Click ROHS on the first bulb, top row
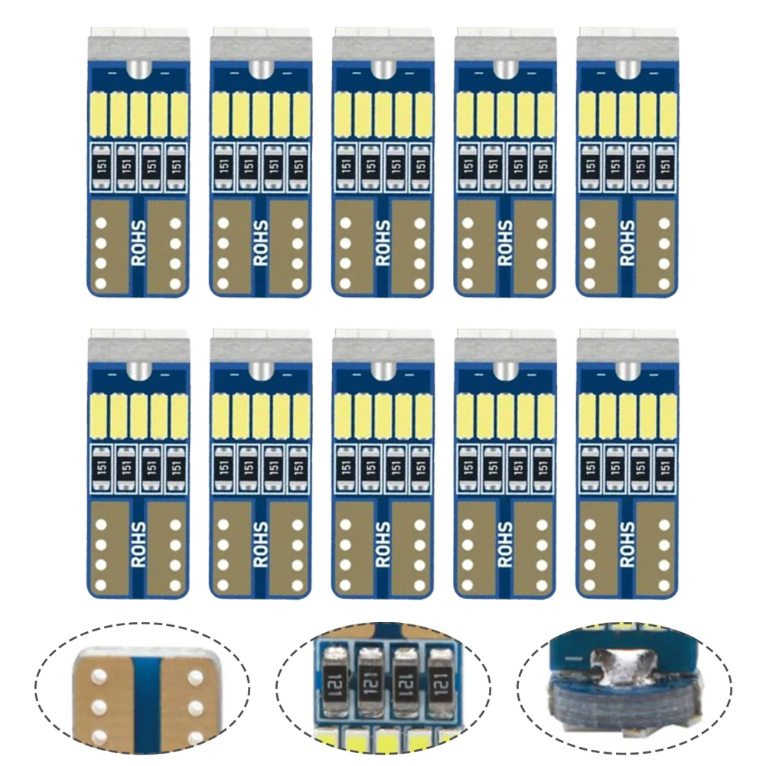[x=139, y=243]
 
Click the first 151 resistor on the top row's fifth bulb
[x=589, y=165]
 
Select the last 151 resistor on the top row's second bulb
[x=299, y=165]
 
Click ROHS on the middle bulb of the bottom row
[x=383, y=545]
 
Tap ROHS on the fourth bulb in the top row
[x=506, y=243]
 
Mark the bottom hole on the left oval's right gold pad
[x=194, y=737]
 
